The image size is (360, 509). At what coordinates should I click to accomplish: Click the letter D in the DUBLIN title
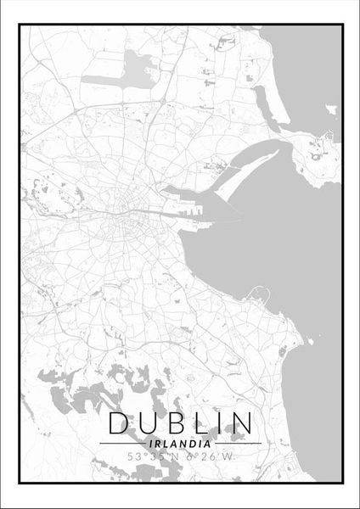119,422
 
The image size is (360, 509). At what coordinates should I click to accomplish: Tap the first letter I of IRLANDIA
149,443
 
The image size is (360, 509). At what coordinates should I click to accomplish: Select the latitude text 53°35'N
153,458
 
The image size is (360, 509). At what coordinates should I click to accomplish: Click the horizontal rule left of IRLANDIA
120,443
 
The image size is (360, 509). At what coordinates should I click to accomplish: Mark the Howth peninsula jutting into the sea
318,161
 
